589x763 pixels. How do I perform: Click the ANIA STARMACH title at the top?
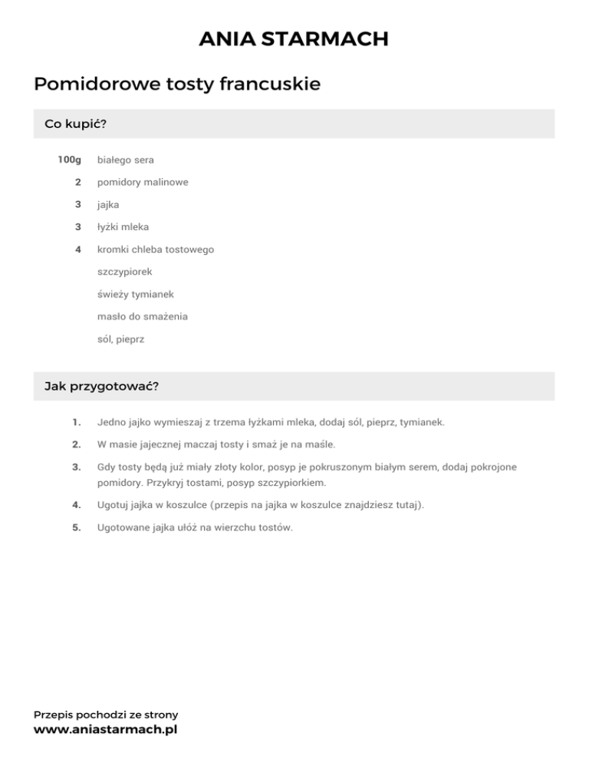(x=294, y=38)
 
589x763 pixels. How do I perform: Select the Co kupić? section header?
(x=75, y=124)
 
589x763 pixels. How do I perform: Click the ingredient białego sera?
(x=126, y=160)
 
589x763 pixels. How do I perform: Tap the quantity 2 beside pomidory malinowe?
(x=78, y=182)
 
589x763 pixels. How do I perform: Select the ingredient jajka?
(x=108, y=205)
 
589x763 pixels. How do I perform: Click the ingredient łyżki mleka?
(x=123, y=227)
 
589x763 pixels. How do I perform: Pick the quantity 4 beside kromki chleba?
(x=78, y=249)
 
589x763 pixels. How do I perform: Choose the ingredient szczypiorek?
(x=125, y=272)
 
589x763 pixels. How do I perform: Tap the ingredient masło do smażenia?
(x=143, y=316)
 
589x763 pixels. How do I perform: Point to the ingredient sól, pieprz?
(x=121, y=339)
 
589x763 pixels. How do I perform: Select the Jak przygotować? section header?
(x=102, y=386)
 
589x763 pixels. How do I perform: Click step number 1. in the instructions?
(x=76, y=422)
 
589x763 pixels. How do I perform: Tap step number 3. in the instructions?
(x=76, y=467)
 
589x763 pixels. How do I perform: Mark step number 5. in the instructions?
(x=76, y=527)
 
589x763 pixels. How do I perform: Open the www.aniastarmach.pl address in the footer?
(x=106, y=730)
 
